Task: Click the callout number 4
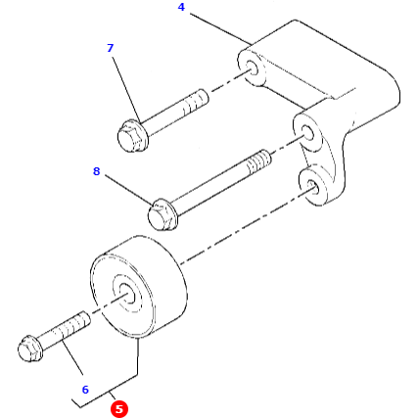point(181,8)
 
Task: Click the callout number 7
point(110,48)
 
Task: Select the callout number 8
point(96,172)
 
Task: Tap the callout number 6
point(85,390)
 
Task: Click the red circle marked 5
point(119,409)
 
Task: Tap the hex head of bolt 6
point(32,348)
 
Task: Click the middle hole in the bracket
point(306,132)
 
